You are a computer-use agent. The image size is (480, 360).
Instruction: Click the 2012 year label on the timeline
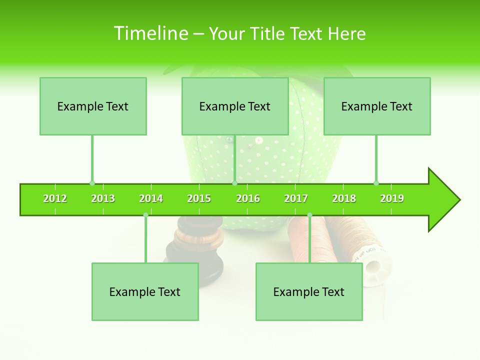(55, 198)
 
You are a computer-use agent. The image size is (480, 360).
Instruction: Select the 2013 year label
(103, 198)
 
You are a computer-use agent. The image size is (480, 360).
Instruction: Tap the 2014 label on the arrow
(151, 198)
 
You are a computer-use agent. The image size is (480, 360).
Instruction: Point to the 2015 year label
(199, 198)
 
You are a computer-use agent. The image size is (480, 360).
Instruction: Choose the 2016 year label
(248, 198)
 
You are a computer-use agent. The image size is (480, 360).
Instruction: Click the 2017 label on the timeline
(296, 198)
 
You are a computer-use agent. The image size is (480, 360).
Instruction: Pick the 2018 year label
(344, 198)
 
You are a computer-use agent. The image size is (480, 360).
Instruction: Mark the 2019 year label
(392, 198)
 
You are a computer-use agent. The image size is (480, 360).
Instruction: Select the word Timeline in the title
(150, 33)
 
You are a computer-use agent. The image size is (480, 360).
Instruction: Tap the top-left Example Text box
(93, 106)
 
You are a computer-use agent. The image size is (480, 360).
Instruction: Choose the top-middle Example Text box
(235, 106)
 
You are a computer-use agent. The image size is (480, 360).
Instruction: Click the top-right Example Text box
(377, 106)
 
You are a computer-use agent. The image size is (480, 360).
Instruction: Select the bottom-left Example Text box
(145, 291)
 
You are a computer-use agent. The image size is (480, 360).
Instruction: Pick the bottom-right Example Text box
(309, 291)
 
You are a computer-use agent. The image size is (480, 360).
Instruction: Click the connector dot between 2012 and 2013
(92, 183)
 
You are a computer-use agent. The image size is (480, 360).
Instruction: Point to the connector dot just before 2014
(145, 215)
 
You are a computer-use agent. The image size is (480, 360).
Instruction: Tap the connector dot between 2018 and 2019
(376, 183)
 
